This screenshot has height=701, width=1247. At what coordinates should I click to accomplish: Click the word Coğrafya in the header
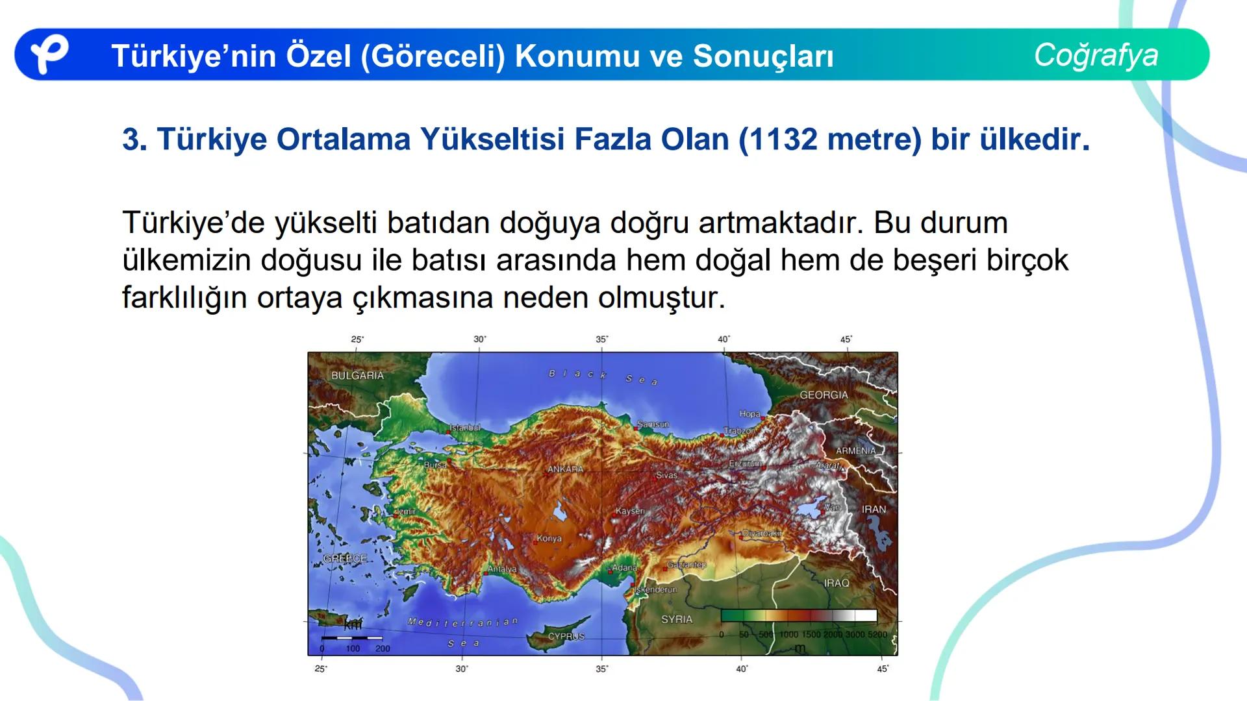[x=1096, y=55]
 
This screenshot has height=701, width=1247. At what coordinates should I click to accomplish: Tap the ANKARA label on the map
[x=565, y=469]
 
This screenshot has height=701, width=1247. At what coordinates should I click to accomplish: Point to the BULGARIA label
[x=357, y=375]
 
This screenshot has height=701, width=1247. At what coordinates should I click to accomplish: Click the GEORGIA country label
[x=824, y=395]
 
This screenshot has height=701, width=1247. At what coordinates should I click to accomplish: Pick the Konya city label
[x=549, y=538]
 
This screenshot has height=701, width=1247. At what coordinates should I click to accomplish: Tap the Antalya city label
[x=502, y=569]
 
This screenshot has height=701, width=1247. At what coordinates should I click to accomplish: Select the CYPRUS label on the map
[x=566, y=636]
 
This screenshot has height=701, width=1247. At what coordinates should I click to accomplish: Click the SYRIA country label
[x=677, y=619]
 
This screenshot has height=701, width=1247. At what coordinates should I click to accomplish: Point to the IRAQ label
[x=837, y=583]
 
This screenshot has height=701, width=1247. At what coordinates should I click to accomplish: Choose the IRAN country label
[x=874, y=510]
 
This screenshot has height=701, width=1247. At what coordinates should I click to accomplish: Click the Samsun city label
[x=653, y=424]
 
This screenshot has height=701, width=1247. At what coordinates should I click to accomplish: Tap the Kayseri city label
[x=630, y=511]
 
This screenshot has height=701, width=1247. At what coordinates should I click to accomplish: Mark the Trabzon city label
[x=740, y=430]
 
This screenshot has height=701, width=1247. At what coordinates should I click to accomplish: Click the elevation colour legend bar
[x=799, y=616]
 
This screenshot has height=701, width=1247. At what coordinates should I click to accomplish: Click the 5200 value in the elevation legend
[x=877, y=634]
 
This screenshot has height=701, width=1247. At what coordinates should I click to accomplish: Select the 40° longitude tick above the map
[x=724, y=339]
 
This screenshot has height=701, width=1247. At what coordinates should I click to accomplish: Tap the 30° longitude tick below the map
[x=461, y=669]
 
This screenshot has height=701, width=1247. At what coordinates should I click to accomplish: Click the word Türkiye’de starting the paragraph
[x=193, y=223]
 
